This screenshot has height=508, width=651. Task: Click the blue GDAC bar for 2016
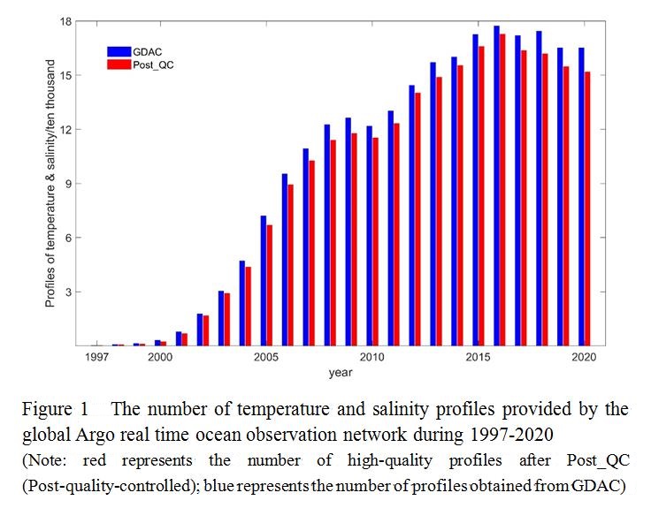(496, 186)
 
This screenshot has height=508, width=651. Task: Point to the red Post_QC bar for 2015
(482, 195)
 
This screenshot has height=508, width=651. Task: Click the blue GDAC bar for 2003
(220, 318)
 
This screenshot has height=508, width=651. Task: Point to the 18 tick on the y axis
(78, 20)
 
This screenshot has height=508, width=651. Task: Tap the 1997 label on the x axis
(96, 358)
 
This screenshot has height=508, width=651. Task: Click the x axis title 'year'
(341, 373)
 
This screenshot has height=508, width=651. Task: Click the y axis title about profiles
(51, 183)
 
